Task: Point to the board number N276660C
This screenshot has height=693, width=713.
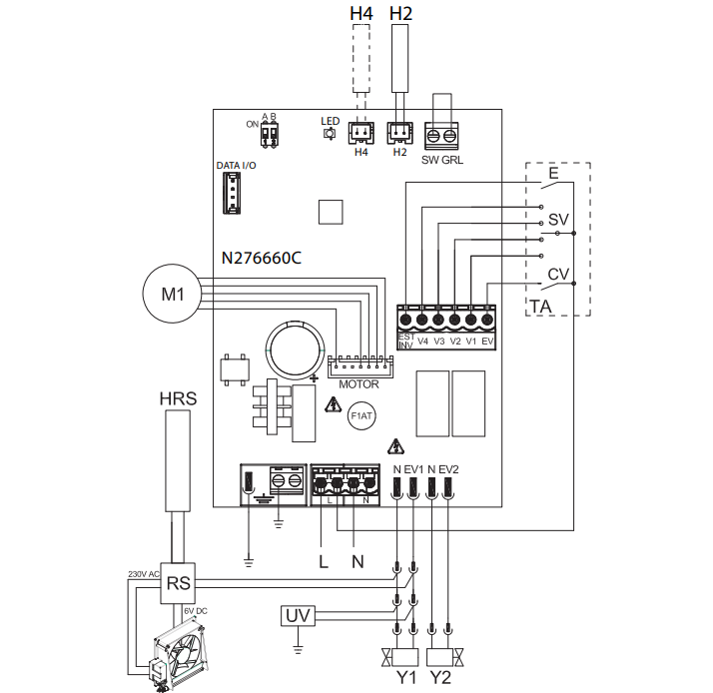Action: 262,258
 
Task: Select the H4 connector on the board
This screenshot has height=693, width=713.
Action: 360,133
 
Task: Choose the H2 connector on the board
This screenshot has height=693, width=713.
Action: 399,133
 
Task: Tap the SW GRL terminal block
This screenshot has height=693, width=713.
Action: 442,135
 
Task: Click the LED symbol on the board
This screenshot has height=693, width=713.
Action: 329,134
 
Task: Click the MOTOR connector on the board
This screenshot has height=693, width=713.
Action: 358,364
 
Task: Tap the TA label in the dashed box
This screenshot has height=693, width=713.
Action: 540,306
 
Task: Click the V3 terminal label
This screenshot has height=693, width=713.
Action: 438,341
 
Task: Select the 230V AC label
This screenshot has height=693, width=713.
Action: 144,575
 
